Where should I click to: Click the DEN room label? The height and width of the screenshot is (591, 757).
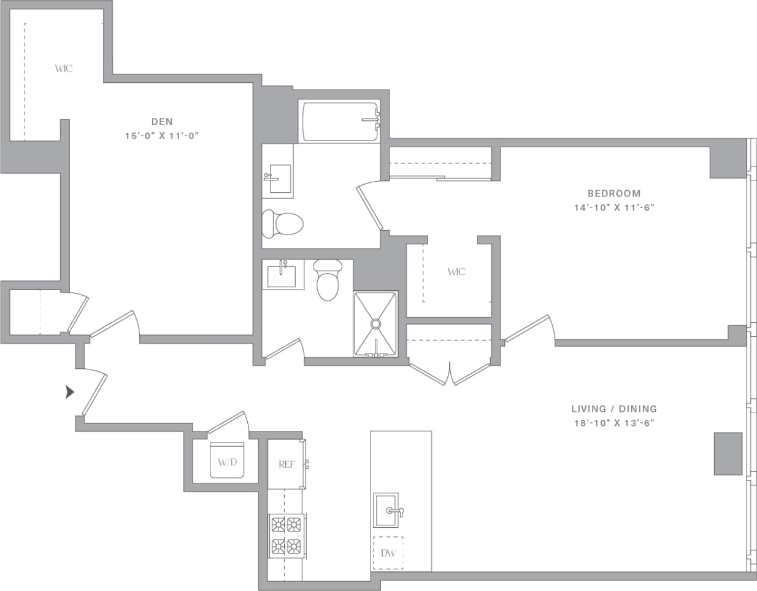click(162, 122)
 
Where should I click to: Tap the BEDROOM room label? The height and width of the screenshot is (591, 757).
click(613, 193)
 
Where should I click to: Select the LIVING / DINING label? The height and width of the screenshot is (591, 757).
click(613, 409)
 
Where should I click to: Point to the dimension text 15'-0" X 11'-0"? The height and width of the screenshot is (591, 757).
click(162, 136)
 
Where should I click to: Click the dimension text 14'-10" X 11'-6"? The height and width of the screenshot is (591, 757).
click(613, 207)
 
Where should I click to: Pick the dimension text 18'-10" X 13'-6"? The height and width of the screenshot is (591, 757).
click(613, 423)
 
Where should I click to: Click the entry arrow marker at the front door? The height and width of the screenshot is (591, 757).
click(70, 392)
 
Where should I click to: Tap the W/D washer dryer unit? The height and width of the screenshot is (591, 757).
click(227, 460)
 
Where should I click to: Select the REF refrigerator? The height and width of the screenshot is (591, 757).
click(286, 464)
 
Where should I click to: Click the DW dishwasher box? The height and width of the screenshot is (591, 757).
click(388, 553)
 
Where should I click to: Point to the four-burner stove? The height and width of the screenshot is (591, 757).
click(286, 535)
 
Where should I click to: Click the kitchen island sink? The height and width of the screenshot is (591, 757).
click(386, 510)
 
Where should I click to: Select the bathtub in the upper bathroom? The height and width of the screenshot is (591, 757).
click(339, 122)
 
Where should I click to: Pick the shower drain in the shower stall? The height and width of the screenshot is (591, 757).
click(375, 323)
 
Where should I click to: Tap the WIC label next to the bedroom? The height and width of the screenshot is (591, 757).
click(456, 271)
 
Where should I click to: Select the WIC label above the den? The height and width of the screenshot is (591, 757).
click(63, 68)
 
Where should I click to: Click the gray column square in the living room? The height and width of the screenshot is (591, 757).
click(728, 454)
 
